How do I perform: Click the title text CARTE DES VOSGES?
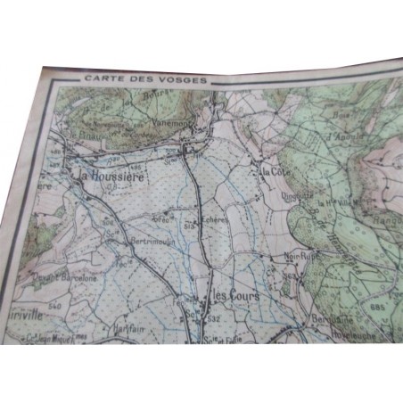pyautogui.click(x=146, y=79)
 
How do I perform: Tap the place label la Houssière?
pyautogui.click(x=108, y=175)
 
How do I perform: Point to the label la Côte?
pyautogui.click(x=272, y=169)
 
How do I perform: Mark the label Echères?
pyautogui.click(x=214, y=219)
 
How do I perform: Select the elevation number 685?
pyautogui.click(x=379, y=308)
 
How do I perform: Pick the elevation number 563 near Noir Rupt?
pyautogui.click(x=287, y=276)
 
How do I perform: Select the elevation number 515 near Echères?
pyautogui.click(x=189, y=228)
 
